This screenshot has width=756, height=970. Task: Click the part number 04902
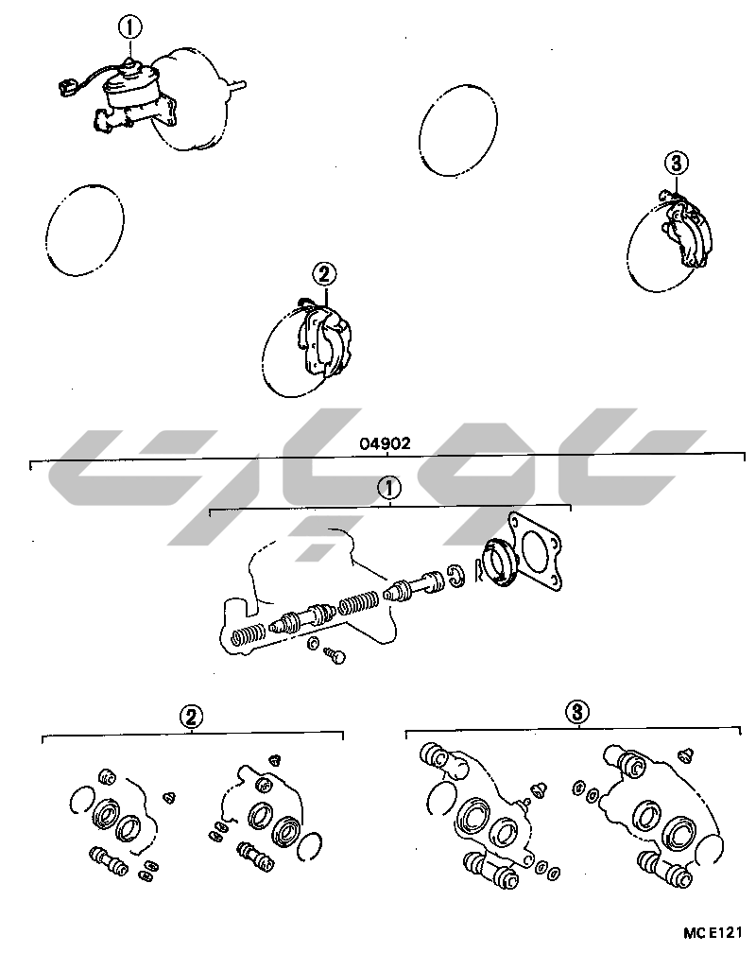385,443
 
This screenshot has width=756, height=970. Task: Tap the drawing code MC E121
713,933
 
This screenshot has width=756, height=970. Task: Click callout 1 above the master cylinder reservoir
129,27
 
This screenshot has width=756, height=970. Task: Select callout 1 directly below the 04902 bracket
388,489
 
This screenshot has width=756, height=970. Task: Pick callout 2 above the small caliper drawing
324,274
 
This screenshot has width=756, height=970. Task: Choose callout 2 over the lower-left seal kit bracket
192,717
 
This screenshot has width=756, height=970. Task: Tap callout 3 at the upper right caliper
677,164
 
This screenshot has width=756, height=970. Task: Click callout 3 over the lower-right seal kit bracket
577,711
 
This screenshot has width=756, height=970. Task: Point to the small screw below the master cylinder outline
335,655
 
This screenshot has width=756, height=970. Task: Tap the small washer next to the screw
314,643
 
